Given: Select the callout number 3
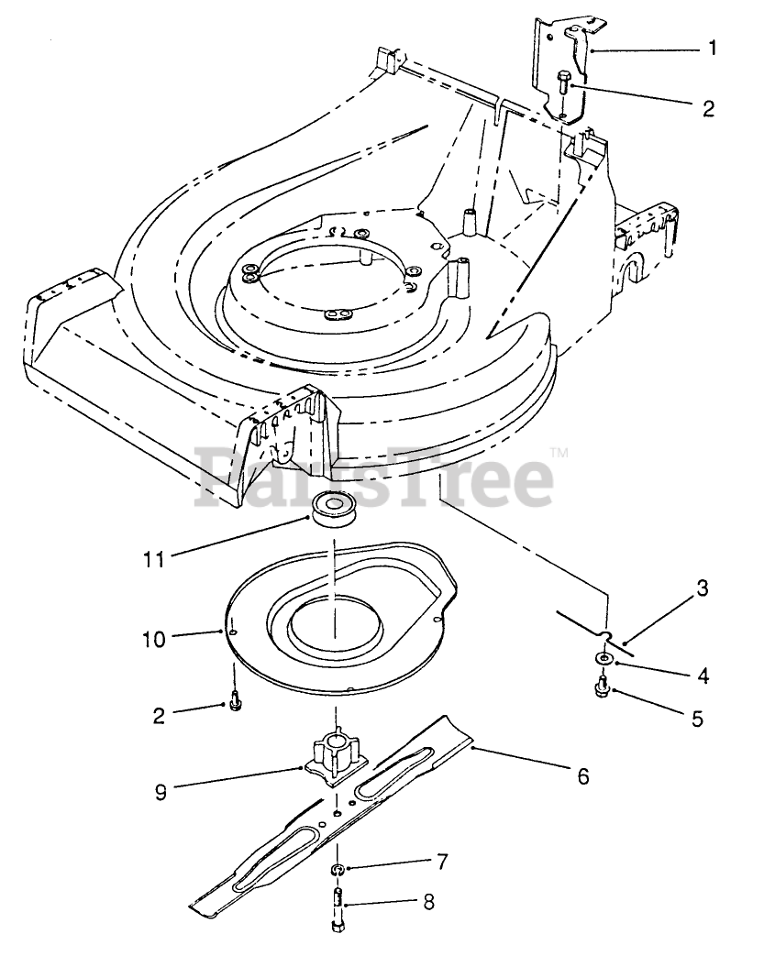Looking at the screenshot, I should pyautogui.click(x=703, y=588).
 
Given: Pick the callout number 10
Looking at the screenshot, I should pyautogui.click(x=154, y=639).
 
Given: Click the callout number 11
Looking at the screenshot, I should pyautogui.click(x=153, y=556).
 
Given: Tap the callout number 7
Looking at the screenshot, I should pyautogui.click(x=443, y=863).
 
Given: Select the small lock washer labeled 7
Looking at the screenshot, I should pyautogui.click(x=338, y=869).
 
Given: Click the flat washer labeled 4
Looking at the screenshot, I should pyautogui.click(x=603, y=659).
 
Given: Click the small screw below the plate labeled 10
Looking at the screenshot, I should pyautogui.click(x=236, y=701).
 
